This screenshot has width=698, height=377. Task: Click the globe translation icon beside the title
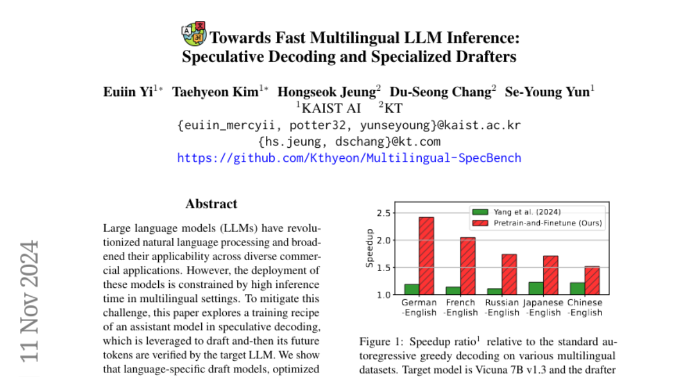click(194, 34)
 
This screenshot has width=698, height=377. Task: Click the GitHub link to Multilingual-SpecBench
click(349, 158)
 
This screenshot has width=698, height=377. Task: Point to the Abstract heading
click(211, 204)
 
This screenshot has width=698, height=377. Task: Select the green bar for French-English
click(453, 290)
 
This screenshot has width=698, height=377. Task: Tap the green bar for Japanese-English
click(535, 288)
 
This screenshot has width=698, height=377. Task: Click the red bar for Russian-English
click(508, 274)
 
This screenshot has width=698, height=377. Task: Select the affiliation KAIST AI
click(329, 108)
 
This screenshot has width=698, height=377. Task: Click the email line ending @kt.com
click(349, 141)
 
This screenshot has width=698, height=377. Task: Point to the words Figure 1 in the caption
click(379, 341)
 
